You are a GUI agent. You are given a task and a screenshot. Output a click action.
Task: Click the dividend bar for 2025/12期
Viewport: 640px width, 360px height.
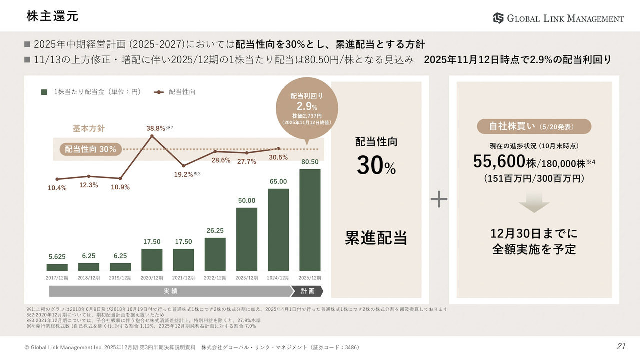310,220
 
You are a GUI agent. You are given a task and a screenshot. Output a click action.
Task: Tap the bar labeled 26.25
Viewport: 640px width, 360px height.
215,254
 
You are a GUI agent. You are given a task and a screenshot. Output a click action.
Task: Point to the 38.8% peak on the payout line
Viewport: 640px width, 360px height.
151,135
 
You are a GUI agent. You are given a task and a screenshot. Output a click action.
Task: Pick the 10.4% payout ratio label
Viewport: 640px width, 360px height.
57,188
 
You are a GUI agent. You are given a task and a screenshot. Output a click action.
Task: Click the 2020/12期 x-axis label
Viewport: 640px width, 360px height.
152,277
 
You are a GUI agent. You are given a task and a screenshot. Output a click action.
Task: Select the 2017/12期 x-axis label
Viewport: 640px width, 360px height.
57,277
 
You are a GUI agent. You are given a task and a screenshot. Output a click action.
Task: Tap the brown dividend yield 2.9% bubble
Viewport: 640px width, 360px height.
307,107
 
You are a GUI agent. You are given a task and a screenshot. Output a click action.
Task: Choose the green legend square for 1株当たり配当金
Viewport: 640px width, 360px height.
44,92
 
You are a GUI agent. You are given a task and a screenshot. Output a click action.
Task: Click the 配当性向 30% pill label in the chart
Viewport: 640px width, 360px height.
90,149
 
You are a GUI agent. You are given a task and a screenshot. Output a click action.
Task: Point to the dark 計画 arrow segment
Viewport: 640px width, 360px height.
308,291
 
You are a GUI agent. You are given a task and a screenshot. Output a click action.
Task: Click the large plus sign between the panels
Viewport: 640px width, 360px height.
439,199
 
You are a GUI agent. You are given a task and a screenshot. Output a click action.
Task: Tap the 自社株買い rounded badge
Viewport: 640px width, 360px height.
533,126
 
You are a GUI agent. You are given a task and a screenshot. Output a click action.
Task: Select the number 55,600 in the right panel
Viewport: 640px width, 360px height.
499,161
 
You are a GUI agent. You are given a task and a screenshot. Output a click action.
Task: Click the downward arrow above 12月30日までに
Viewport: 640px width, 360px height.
534,202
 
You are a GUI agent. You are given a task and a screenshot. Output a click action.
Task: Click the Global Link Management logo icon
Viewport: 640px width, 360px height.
498,18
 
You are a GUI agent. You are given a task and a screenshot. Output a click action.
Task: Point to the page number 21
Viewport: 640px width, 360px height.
621,346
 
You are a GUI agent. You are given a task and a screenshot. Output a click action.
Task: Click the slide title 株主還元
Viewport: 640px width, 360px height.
52,16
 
